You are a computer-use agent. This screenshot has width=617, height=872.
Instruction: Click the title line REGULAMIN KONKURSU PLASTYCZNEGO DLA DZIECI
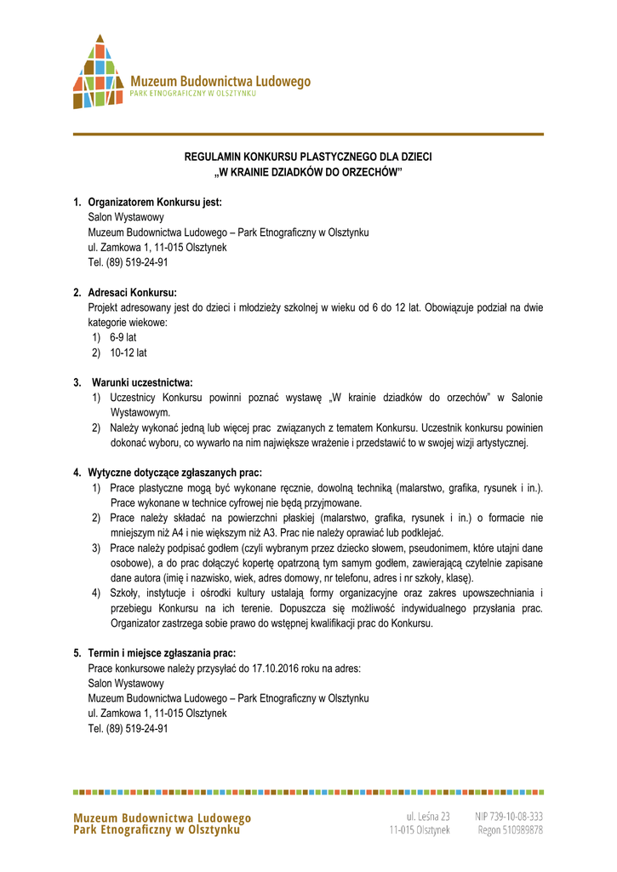coord(308,158)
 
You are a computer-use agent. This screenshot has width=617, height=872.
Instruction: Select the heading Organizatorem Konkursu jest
coord(155,203)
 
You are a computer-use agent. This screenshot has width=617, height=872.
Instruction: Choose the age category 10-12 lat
coord(128,353)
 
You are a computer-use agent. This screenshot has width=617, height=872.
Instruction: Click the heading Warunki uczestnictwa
coord(142,383)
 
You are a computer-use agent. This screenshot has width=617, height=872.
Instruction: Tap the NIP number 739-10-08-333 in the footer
coord(510,816)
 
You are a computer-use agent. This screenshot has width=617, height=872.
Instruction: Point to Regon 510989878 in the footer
coord(510,829)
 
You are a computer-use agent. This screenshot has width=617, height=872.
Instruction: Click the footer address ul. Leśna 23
coord(427,816)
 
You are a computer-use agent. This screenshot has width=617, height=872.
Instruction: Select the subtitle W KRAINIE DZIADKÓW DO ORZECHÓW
coord(308,173)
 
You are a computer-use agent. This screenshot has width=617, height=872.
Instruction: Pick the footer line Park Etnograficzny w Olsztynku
coord(157,830)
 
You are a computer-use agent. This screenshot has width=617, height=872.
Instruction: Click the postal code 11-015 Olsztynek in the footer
coord(420,829)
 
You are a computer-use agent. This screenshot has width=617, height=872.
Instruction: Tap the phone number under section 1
coord(128,262)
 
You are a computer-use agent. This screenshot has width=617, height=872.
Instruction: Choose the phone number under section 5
coord(128,729)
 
